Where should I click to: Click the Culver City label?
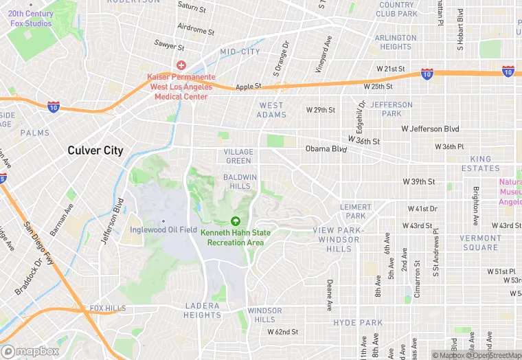[95, 150]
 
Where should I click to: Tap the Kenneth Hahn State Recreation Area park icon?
[236, 221]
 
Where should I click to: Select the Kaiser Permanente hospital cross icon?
[181, 65]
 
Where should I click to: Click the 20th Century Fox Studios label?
[30, 19]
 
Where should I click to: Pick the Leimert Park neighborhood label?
[356, 211]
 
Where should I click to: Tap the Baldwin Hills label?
[240, 181]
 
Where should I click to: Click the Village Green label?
[238, 156]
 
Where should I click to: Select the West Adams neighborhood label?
[271, 110]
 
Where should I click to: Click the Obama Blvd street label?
[326, 148]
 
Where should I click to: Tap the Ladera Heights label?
[202, 310]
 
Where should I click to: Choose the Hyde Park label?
[358, 322]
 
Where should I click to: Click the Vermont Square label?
[480, 243]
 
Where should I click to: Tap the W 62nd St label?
[283, 332]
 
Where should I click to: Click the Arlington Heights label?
[396, 42]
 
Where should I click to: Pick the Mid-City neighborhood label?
[240, 52]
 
